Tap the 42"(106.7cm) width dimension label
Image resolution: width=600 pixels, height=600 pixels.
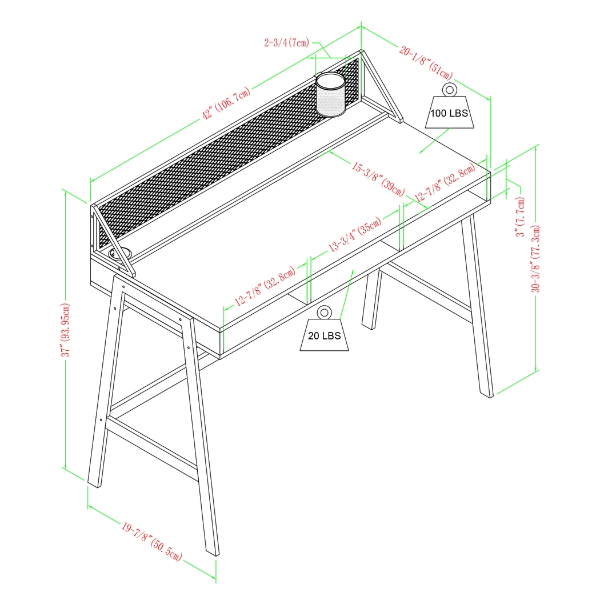[x=226, y=104]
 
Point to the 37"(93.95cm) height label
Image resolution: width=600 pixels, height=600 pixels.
[x=67, y=330]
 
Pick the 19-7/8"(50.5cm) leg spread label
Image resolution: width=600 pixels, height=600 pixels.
[x=151, y=541]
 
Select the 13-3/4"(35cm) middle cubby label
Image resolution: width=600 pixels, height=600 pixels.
[x=354, y=236]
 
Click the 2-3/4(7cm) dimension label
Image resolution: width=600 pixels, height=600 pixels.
[x=286, y=42]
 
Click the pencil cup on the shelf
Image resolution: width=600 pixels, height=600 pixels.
[x=331, y=95]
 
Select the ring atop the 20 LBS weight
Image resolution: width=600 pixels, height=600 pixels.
[x=324, y=312]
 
